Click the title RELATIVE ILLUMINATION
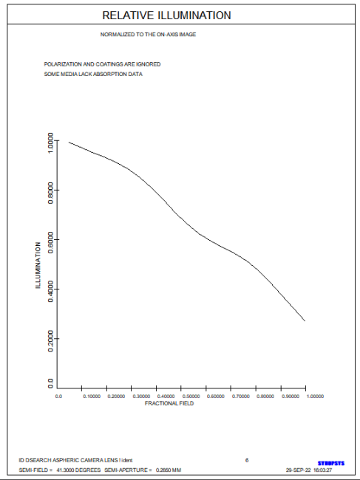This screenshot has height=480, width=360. tap(166, 16)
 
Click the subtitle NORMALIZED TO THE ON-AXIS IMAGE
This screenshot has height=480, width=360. tap(148, 35)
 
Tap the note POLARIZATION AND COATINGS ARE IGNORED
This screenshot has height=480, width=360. tap(102, 64)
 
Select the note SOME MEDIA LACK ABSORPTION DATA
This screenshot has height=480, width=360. tap(93, 74)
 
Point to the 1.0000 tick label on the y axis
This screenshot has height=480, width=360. tap(50, 143)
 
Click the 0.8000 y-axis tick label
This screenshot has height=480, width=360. tap(50, 193)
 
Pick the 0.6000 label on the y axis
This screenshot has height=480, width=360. tap(50, 242)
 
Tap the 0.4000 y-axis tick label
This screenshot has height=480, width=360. tap(50, 292)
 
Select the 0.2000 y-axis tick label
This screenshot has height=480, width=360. tap(50, 341)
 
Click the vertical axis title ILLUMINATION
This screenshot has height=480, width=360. tap(38, 265)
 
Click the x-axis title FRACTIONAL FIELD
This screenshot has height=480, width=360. tap(169, 403)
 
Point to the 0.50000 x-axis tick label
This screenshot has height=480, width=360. tap(191, 397)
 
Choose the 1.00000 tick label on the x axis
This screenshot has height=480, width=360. tap(315, 397)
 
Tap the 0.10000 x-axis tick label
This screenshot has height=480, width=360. tap(92, 397)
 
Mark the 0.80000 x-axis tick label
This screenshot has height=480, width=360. tap(265, 397)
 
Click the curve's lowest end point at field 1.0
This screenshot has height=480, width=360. tap(305, 320)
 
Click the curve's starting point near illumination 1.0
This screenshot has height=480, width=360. tap(69, 142)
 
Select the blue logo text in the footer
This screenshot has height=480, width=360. tap(331, 464)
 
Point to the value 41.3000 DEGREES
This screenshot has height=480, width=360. tap(78, 470)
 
